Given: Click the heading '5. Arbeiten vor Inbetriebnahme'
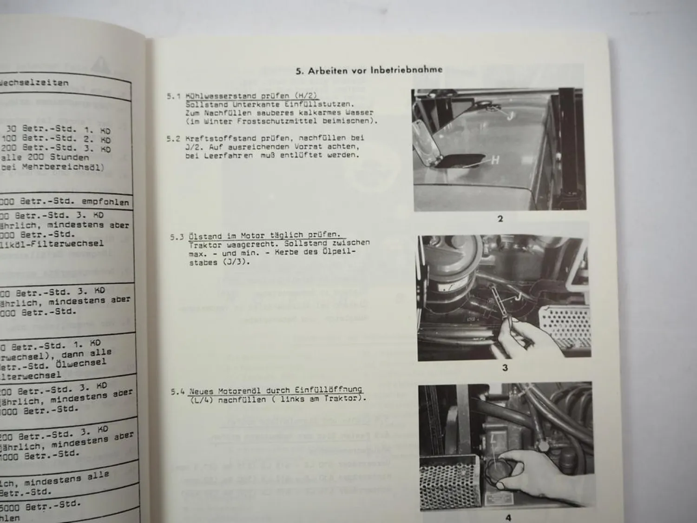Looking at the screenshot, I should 369,70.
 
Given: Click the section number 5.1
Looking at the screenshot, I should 173,97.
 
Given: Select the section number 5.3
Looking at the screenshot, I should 176,237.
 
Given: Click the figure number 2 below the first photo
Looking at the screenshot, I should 500,218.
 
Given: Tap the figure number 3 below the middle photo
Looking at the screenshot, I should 505,368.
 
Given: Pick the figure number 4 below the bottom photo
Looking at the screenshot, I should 508,517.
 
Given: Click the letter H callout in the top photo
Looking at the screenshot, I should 495,160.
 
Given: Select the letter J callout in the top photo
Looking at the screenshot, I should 510,116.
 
